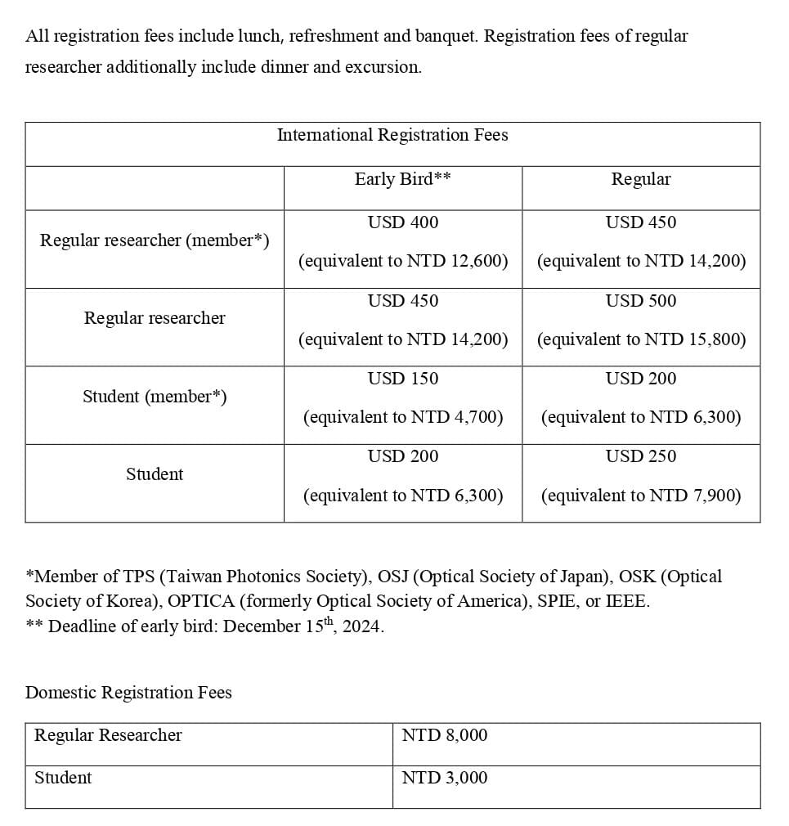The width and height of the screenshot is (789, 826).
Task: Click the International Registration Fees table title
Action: tap(392, 135)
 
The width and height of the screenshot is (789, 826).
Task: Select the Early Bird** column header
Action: tap(402, 179)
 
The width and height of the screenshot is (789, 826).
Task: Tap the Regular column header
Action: tap(640, 179)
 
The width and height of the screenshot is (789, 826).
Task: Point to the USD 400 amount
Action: tap(402, 222)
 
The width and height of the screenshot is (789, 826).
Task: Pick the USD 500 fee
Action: tap(640, 301)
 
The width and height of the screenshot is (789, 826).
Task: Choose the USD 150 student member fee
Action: tap(402, 379)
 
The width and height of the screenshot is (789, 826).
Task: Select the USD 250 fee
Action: tap(640, 456)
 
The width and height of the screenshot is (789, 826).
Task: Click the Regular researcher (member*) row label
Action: tap(155, 240)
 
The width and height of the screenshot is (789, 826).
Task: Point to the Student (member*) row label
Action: tap(155, 397)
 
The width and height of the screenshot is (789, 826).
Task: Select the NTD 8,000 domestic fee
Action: tap(444, 735)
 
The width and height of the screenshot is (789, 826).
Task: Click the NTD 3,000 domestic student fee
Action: tap(444, 778)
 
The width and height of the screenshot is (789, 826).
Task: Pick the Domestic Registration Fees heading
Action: tap(128, 693)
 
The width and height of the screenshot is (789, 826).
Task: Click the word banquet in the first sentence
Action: tap(446, 36)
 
